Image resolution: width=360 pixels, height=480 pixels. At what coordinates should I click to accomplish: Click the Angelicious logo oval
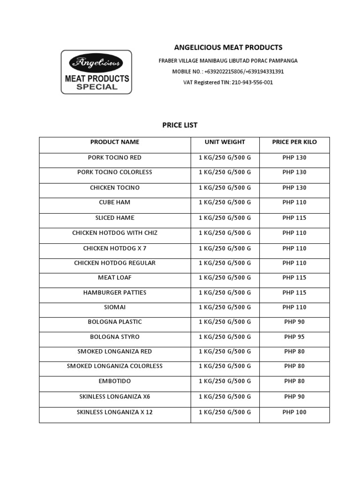pos(96,63)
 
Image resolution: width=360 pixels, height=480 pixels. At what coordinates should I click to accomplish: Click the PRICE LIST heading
pos(180,125)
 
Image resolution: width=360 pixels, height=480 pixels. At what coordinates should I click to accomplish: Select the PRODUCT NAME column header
pos(115,142)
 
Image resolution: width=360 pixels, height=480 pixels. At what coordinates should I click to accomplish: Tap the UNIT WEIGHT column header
pos(225,142)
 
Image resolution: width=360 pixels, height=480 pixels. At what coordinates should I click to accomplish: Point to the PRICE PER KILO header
pos(294,142)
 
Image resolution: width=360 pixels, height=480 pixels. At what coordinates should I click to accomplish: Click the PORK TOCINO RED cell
pos(115,157)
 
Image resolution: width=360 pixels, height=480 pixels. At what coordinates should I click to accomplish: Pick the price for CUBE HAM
pos(294,202)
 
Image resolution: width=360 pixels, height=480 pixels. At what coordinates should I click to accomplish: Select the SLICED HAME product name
pos(115,218)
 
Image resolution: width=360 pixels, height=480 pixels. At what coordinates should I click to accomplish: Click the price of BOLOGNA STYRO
pos(294,337)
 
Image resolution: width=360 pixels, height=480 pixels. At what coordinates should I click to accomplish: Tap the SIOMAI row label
pos(115,307)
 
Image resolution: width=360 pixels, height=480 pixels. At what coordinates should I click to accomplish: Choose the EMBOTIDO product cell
pos(115,382)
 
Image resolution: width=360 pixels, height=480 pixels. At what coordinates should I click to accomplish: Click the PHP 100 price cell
pos(294,412)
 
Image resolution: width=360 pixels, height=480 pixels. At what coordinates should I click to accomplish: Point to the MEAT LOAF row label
pos(115,278)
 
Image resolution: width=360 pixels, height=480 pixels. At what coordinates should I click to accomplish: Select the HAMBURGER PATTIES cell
pos(115,292)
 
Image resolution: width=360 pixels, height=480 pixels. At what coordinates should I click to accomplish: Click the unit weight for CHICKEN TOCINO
pos(225,188)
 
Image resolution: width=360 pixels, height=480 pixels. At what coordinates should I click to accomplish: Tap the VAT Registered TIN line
pos(228,82)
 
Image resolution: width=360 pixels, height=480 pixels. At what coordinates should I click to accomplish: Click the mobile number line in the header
pos(228,72)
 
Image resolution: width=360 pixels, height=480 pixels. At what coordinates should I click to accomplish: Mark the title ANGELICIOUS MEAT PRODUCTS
pos(228,47)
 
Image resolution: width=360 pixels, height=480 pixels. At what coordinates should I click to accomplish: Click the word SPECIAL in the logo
pos(97,87)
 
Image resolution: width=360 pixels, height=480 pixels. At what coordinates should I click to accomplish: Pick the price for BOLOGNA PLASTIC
pos(294,322)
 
